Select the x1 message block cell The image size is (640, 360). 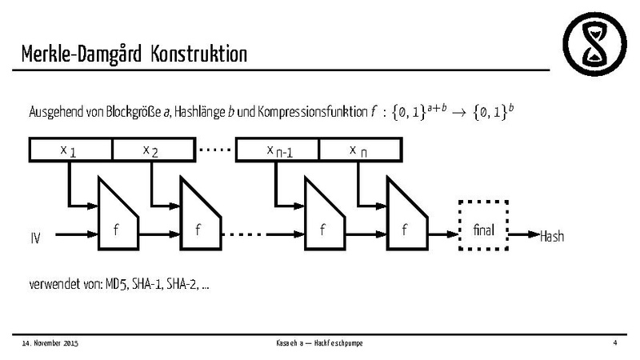(x=70, y=150)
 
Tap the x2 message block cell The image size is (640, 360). (x=153, y=150)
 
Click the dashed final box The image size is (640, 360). (x=484, y=230)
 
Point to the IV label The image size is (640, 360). (x=36, y=238)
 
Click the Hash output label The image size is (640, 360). (x=553, y=236)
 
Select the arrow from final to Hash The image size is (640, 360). (x=525, y=235)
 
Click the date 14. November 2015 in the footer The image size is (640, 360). (x=50, y=343)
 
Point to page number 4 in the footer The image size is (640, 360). (x=614, y=343)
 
